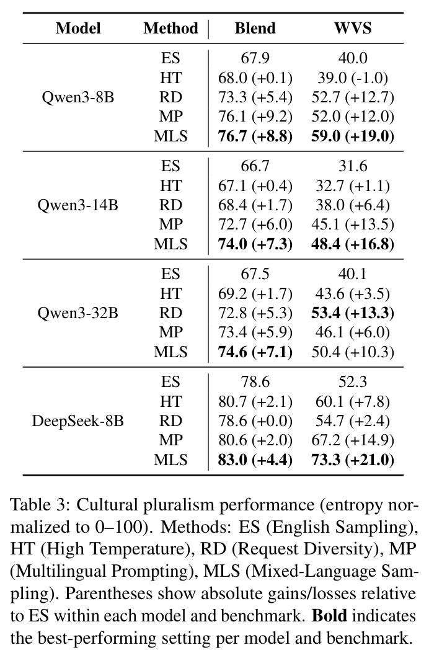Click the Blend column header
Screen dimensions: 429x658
coord(255,28)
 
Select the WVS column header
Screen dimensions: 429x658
coord(353,28)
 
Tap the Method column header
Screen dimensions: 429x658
coord(170,28)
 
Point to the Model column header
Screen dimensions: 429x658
coord(78,28)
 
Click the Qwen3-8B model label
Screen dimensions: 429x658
coord(78,97)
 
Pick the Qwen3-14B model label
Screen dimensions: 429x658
coord(78,205)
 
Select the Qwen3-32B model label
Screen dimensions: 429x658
coord(78,313)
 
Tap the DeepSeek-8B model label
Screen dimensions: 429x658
coord(78,421)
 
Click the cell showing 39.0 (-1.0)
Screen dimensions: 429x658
coord(353,78)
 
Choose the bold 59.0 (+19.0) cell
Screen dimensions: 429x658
coord(353,136)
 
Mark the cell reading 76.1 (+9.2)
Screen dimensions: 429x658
coord(255,117)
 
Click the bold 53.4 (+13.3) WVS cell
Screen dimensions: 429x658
coord(353,313)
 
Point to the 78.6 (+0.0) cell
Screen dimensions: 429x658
coord(255,421)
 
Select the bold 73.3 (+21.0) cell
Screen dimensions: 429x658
coord(353,460)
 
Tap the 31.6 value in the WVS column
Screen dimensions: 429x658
coord(353,166)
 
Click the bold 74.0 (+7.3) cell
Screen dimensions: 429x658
coord(255,244)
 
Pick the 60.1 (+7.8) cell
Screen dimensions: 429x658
coord(353,402)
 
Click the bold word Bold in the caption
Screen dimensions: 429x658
coord(330,616)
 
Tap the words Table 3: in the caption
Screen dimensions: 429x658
coord(40,504)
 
